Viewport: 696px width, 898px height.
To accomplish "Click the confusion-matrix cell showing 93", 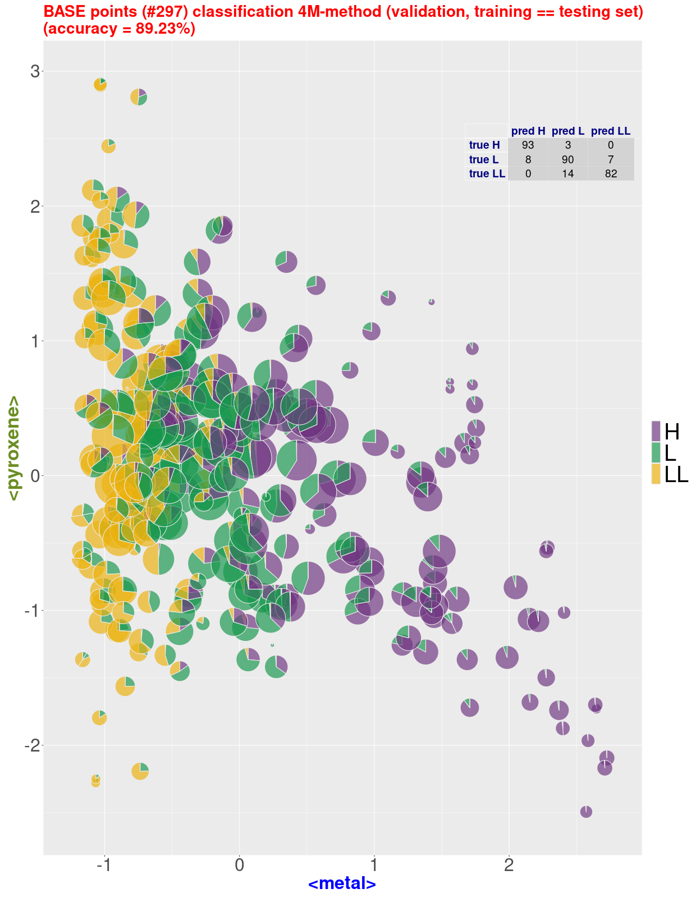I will tap(528, 145).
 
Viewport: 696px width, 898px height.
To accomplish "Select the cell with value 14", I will tap(567, 173).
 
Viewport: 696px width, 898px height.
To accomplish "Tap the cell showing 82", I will tap(611, 173).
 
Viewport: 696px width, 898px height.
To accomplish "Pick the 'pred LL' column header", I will tap(611, 131).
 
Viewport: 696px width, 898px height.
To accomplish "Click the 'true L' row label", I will tap(484, 159).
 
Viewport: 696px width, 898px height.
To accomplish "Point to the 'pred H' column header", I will tap(528, 131).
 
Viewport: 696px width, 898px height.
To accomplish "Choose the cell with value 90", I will tap(567, 159).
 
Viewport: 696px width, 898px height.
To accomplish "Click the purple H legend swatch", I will tap(656, 431).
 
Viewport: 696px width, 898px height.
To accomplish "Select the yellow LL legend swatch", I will tap(656, 474).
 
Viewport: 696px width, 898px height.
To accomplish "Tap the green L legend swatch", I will tap(656, 452).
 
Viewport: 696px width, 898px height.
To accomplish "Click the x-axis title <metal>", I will tap(342, 883).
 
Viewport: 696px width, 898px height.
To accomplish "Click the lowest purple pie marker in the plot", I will tap(586, 812).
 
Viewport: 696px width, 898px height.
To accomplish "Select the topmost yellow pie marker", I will tap(100, 85).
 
